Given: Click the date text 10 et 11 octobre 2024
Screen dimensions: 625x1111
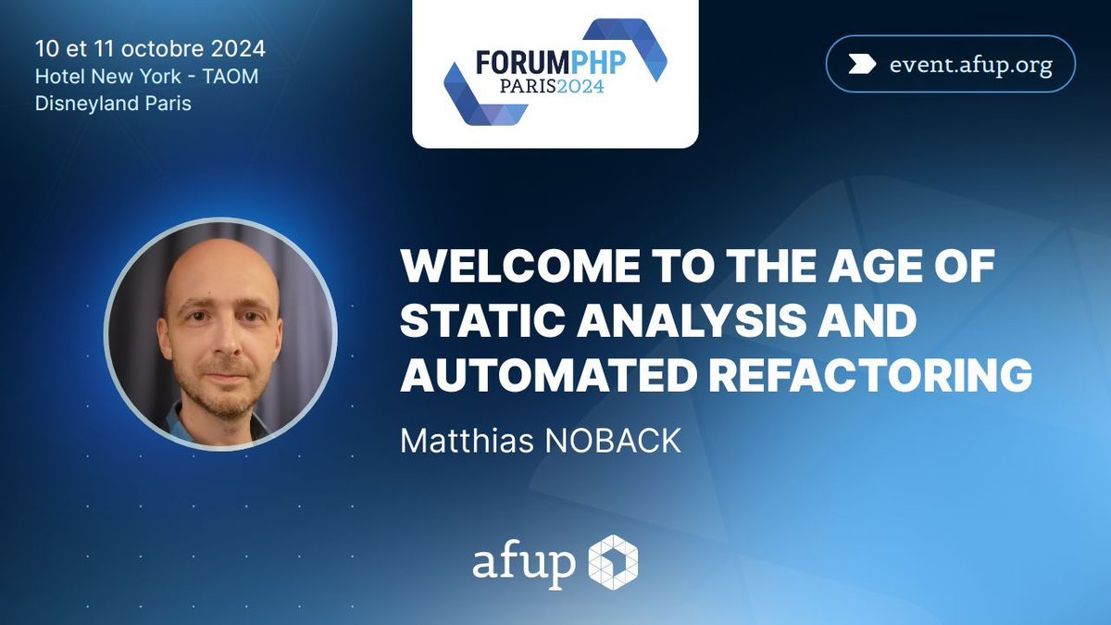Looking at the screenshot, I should coord(149,48).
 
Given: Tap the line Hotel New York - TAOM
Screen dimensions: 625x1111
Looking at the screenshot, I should coord(146,76).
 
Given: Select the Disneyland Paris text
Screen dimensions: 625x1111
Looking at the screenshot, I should coord(113,104).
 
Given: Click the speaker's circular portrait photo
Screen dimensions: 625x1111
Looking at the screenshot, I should coord(220,334).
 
